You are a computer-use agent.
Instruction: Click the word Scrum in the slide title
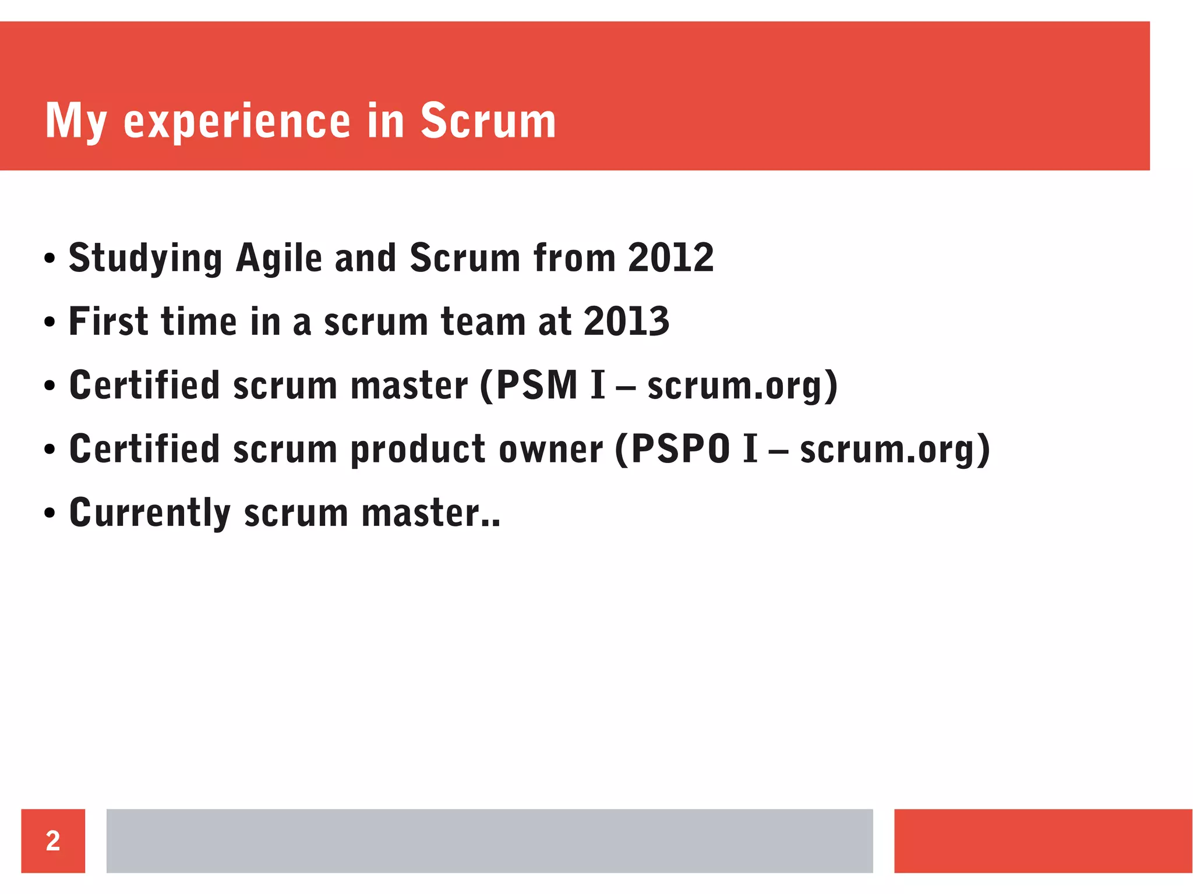(488, 121)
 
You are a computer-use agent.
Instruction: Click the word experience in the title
(237, 122)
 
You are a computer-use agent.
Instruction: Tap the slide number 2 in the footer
(53, 840)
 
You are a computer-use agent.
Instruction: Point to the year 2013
(626, 321)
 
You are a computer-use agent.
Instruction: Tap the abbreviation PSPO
(680, 449)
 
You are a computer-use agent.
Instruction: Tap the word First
(108, 321)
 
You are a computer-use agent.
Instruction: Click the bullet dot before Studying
(50, 259)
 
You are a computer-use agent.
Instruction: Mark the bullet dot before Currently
(50, 514)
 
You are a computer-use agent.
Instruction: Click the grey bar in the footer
(489, 840)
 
